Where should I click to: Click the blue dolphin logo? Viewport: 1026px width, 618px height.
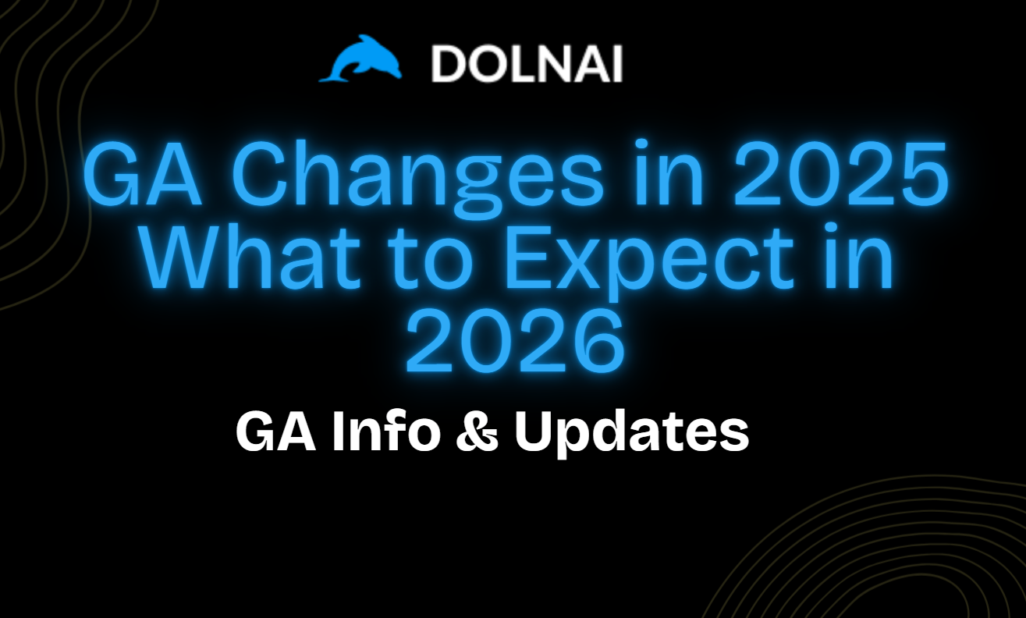(360, 59)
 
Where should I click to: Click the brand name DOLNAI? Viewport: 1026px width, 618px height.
(527, 65)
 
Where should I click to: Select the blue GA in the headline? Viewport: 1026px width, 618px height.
(143, 175)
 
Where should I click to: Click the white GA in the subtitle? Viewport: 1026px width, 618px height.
(275, 431)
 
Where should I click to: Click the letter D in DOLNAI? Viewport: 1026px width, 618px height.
(449, 65)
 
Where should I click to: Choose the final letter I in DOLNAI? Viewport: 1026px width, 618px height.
(619, 65)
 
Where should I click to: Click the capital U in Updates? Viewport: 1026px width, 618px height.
(533, 432)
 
